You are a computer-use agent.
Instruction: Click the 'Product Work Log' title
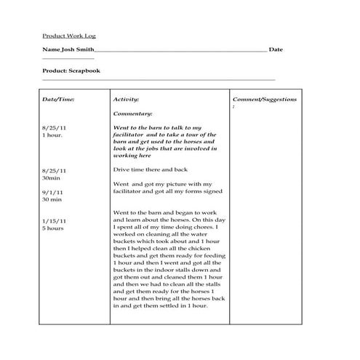tap(69, 35)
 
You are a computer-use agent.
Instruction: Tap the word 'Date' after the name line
tap(276, 49)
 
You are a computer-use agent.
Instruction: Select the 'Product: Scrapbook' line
tap(71, 71)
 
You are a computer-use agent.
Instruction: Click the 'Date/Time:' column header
tap(58, 98)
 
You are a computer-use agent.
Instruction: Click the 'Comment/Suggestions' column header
tap(265, 98)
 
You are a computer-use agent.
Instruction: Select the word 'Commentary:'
tap(132, 113)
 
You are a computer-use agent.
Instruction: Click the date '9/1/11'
tap(53, 191)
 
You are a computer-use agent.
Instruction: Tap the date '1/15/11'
tap(55, 220)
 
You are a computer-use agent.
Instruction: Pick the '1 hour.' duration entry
tap(52, 135)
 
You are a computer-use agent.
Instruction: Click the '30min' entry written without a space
tap(51, 177)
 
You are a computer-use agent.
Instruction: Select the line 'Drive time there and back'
tap(148, 169)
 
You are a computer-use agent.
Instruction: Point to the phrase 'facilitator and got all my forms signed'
tap(164, 191)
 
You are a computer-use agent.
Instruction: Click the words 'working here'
tap(132, 156)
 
